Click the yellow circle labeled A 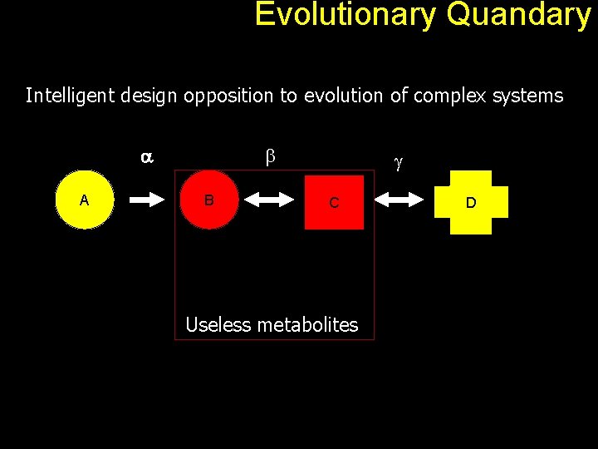point(84,200)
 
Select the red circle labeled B point(209,200)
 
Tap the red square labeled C point(334,202)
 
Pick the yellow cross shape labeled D point(471,202)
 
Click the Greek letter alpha point(146,156)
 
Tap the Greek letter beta point(269,155)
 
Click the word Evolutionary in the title point(345,15)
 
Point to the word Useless point(218,324)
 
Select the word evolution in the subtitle point(342,96)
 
